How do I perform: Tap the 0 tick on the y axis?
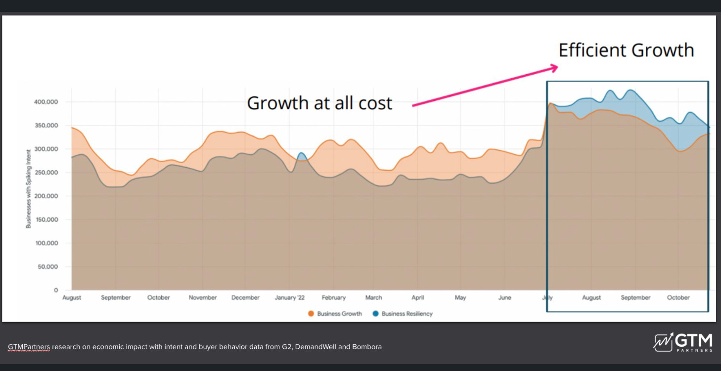click(56, 290)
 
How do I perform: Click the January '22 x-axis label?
click(290, 298)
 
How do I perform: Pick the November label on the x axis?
click(203, 298)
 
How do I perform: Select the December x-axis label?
click(245, 298)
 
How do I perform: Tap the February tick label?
click(333, 298)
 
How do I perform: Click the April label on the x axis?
click(418, 298)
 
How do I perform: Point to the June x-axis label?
click(504, 298)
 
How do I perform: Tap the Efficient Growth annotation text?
click(626, 50)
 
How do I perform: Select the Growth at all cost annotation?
click(319, 103)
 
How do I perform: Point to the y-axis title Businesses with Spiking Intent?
click(28, 188)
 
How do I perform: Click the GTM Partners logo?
click(683, 342)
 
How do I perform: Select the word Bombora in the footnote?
click(366, 347)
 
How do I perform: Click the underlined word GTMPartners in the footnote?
click(29, 347)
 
